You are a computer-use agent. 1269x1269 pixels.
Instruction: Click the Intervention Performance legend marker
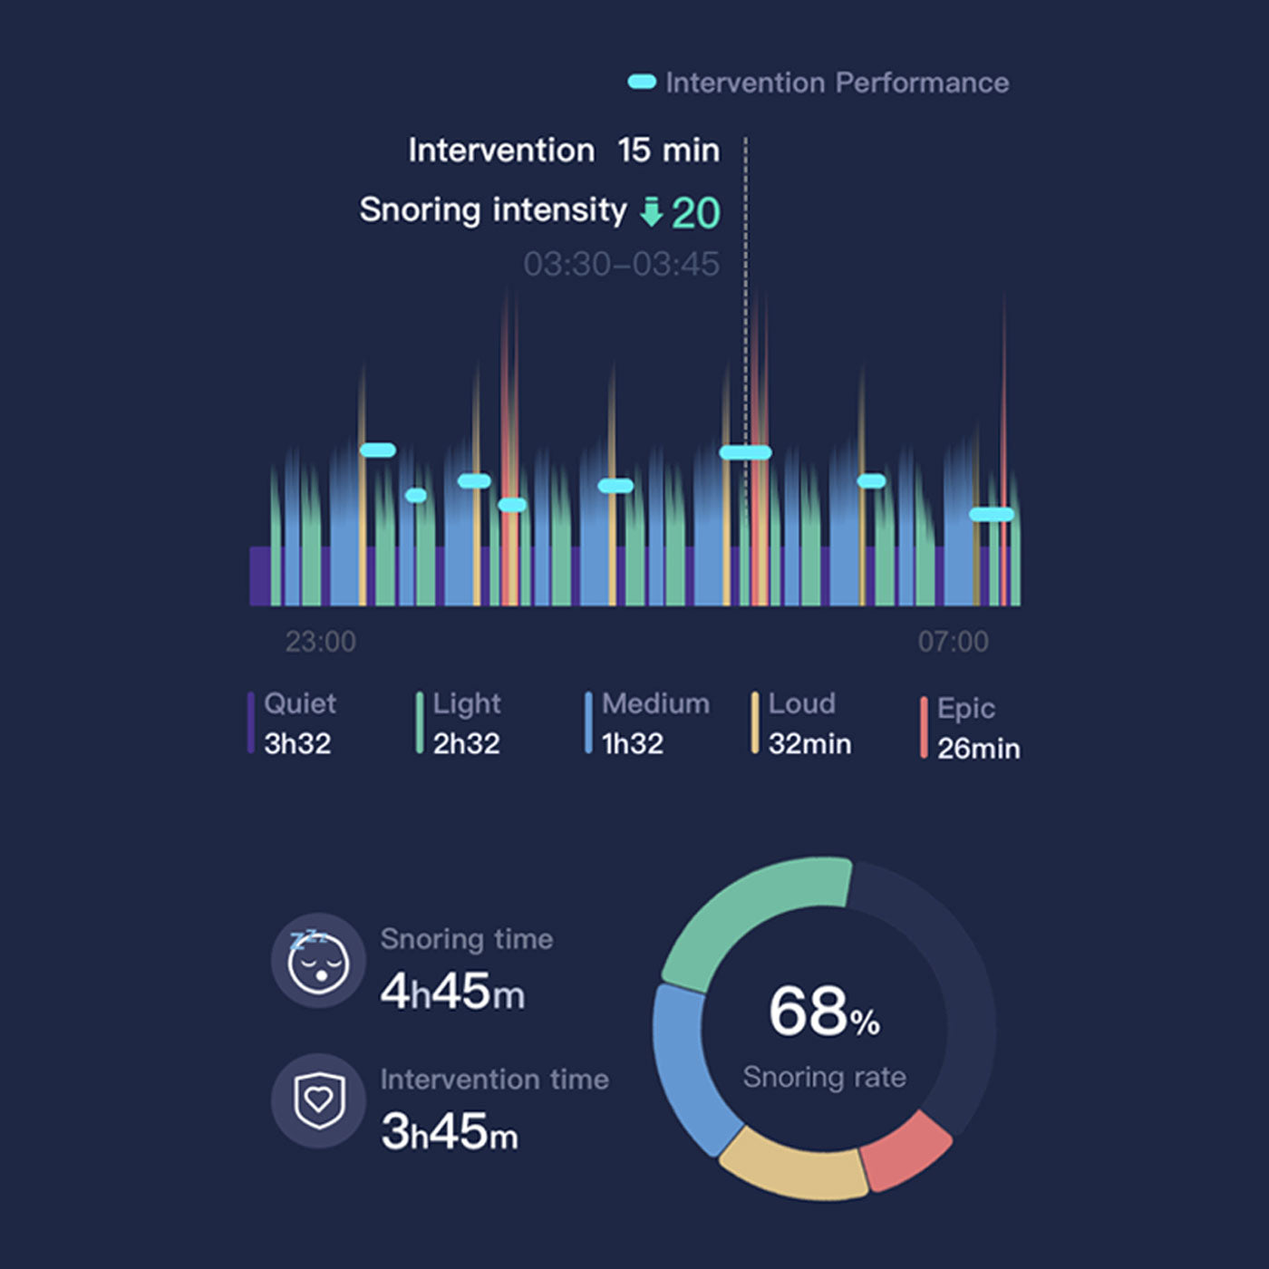642,82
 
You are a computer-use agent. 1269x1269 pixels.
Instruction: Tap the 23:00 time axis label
321,642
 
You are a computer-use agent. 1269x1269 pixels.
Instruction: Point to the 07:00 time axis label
953,642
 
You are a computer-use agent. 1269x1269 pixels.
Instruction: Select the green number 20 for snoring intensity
696,214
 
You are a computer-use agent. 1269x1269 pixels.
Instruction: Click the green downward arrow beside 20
651,212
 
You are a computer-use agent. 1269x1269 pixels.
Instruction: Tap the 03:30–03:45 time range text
621,265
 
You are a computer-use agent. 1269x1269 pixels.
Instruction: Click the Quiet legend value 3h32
297,744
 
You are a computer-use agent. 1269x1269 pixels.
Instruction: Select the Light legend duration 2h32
466,744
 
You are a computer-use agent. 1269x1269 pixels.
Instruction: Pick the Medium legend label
655,703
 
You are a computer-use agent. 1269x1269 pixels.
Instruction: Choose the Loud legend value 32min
809,744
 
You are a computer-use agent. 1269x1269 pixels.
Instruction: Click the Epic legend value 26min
978,749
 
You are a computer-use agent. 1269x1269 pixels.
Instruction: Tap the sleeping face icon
318,961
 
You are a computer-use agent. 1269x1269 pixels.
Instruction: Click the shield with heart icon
318,1100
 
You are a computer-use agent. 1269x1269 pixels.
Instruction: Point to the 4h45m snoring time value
452,992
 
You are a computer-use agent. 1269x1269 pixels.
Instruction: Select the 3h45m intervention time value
450,1132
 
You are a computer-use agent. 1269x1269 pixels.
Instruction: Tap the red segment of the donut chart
906,1151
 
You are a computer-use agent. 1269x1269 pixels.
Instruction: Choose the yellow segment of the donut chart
794,1169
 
